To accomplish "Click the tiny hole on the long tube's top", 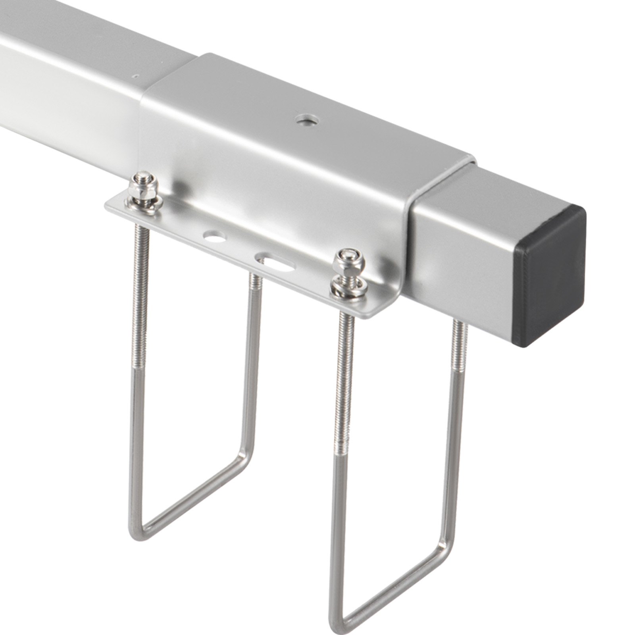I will pyautogui.click(x=136, y=75).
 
